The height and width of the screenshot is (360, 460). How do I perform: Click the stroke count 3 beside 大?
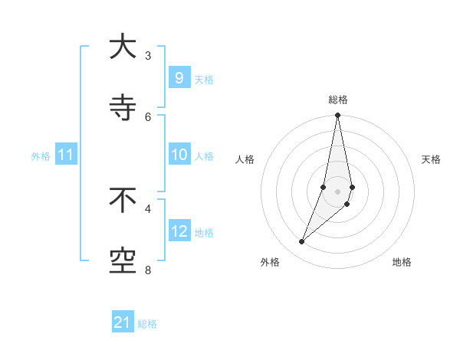point(148,55)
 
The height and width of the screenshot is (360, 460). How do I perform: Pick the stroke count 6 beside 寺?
point(148,116)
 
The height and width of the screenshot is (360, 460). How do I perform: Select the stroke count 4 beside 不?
point(148,208)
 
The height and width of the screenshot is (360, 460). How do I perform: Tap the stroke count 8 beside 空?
point(148,270)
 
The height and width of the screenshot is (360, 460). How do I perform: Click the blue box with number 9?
point(179,77)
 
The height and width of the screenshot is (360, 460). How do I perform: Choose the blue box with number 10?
point(179,155)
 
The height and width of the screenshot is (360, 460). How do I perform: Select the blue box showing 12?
point(179,231)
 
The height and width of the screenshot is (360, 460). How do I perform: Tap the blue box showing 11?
point(66,155)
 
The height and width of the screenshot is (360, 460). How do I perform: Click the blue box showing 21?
point(123,322)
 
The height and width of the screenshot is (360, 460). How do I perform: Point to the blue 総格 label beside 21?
point(147,324)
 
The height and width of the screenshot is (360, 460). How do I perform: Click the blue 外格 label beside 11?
point(41,155)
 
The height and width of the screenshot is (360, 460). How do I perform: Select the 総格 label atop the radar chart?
point(338,100)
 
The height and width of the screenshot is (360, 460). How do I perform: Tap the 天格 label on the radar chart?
point(432,159)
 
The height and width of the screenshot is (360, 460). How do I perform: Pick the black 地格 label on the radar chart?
point(402,262)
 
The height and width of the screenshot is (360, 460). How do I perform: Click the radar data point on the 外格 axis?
point(301,242)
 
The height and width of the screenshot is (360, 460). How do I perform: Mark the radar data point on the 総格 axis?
point(338,116)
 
